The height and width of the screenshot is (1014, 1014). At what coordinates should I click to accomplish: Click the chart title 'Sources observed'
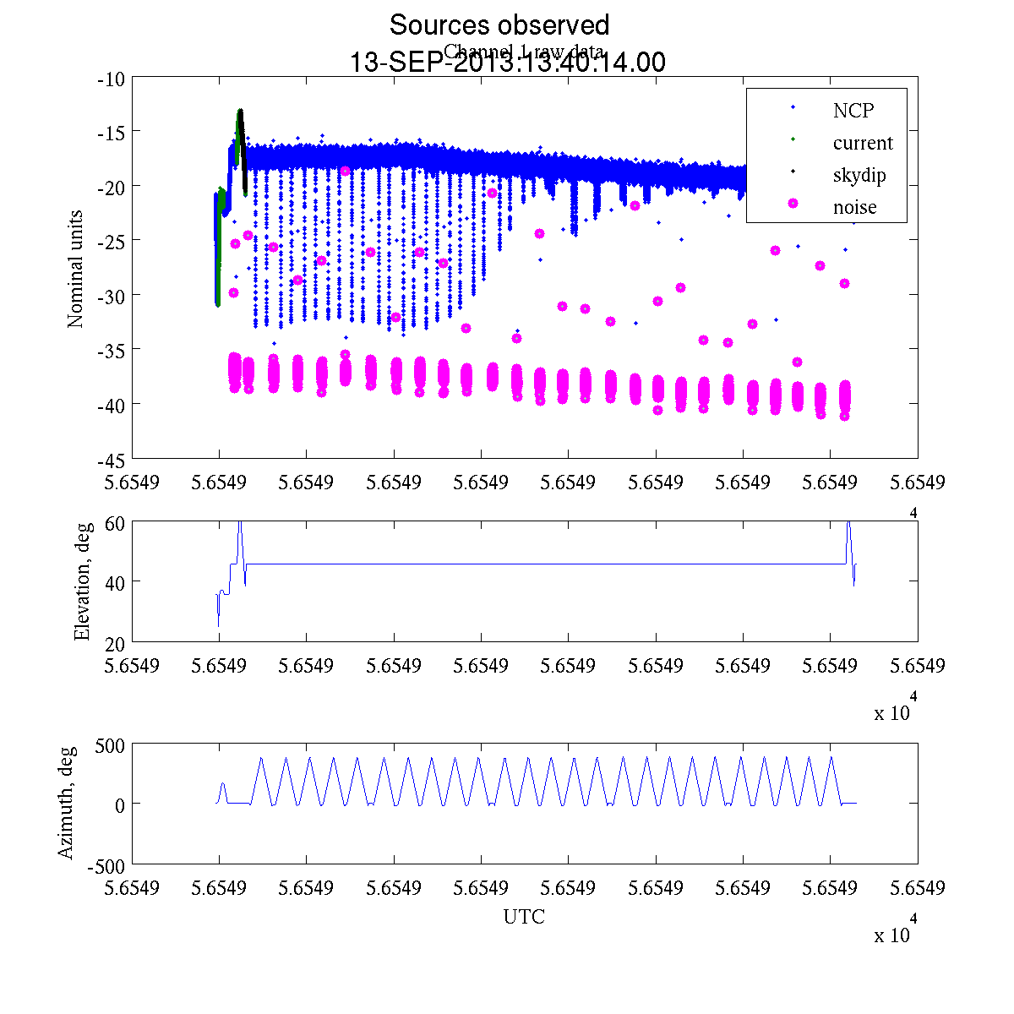click(x=499, y=25)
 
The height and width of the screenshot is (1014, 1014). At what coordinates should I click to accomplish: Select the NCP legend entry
click(x=853, y=110)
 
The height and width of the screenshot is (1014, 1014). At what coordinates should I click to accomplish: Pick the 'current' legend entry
click(x=862, y=143)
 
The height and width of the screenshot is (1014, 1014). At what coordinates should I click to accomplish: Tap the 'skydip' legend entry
click(x=859, y=175)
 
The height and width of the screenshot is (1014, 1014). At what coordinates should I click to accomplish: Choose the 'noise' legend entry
click(x=854, y=207)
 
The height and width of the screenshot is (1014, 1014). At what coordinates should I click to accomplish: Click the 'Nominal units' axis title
click(x=76, y=269)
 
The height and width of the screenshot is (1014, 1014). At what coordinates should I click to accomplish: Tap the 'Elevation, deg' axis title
click(x=82, y=581)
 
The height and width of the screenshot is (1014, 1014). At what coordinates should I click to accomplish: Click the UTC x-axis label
click(x=524, y=917)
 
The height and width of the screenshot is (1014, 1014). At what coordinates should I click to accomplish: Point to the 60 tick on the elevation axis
click(x=116, y=523)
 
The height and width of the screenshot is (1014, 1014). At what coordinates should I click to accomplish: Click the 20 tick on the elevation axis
click(x=116, y=642)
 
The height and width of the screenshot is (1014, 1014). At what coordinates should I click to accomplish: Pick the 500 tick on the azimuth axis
click(x=111, y=745)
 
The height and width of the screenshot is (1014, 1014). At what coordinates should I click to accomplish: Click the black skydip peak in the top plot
click(x=240, y=112)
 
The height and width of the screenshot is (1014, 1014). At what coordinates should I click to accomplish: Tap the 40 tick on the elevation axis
click(x=116, y=582)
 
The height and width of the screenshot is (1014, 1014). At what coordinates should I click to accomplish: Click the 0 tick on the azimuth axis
click(x=120, y=805)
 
